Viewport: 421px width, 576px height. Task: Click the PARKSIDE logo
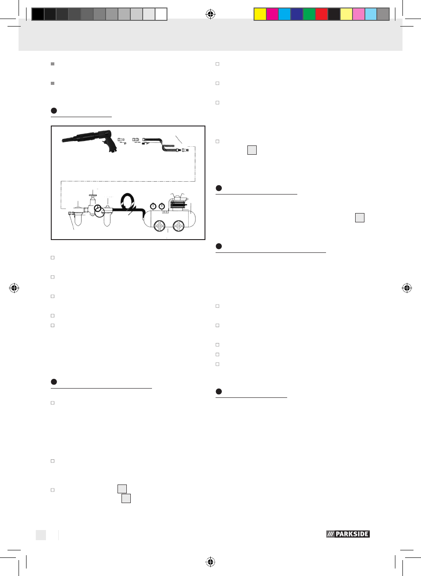point(348,534)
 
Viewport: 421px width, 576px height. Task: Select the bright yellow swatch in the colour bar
point(260,14)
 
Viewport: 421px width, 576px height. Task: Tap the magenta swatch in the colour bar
point(272,14)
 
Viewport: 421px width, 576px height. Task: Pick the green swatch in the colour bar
point(309,14)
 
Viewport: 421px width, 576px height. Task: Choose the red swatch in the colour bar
point(322,14)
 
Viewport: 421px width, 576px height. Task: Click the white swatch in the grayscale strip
point(161,14)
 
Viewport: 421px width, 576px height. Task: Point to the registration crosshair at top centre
point(210,14)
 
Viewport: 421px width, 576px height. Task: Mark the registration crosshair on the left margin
point(14,288)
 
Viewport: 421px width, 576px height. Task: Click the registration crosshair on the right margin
point(407,288)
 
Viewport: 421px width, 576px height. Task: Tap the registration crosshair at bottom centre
point(210,562)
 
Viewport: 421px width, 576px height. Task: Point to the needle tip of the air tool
point(62,141)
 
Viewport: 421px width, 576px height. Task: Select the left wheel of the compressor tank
point(159,226)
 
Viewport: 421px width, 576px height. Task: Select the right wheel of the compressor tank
point(178,226)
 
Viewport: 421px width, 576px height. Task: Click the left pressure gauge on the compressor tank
point(153,206)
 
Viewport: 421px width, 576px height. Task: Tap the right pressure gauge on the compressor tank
point(162,206)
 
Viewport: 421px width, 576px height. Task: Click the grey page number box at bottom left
point(41,535)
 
